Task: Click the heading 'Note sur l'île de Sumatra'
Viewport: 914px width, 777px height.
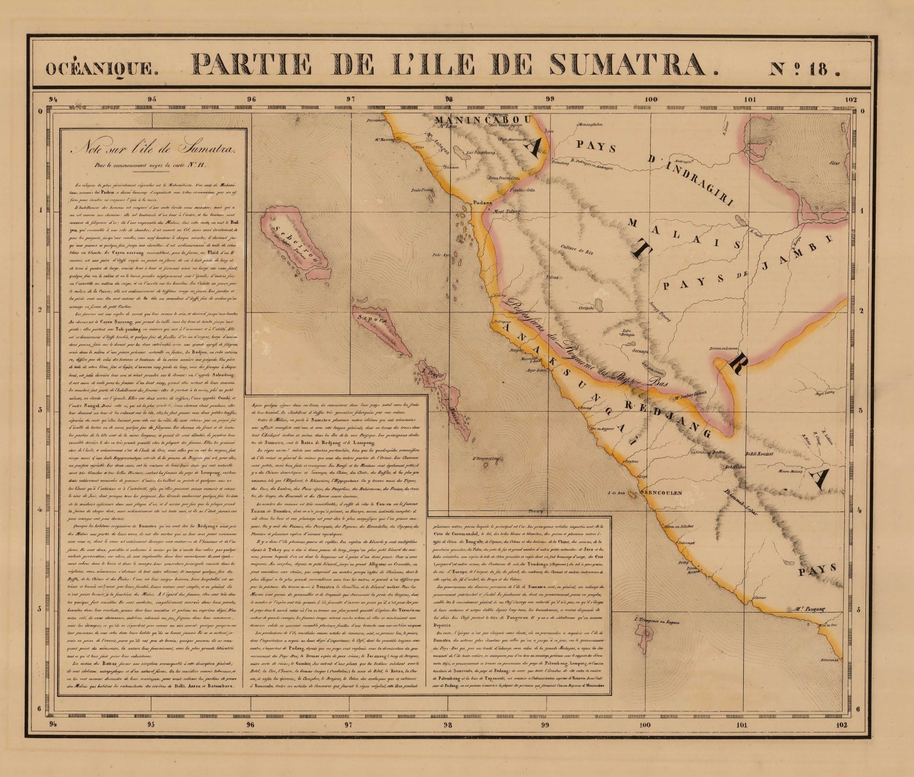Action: (x=152, y=150)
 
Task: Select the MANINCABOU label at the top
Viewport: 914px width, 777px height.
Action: (x=483, y=120)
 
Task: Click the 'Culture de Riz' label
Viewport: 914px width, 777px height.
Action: (x=576, y=249)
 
